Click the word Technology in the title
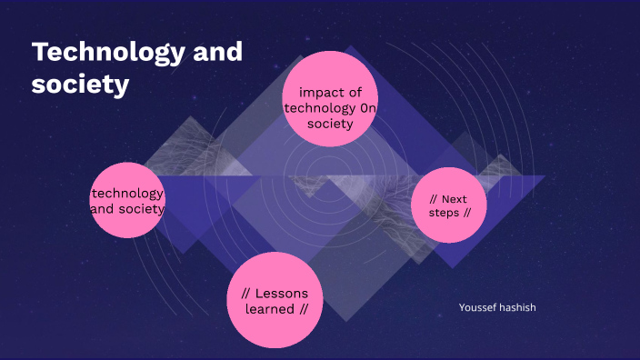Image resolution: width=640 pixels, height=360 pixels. [98, 53]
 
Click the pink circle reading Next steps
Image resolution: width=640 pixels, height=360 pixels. [449, 205]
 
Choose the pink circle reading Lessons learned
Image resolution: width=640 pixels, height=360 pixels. [275, 301]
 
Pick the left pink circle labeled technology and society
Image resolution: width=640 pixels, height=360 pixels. [128, 201]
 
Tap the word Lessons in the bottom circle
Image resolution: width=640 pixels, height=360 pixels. [282, 293]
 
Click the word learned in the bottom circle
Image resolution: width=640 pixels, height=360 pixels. [270, 309]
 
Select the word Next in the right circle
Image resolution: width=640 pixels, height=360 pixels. [455, 198]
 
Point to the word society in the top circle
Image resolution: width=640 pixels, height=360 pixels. [329, 124]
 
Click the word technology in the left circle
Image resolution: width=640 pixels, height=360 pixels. [128, 193]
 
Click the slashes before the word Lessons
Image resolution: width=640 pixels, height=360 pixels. [246, 293]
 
